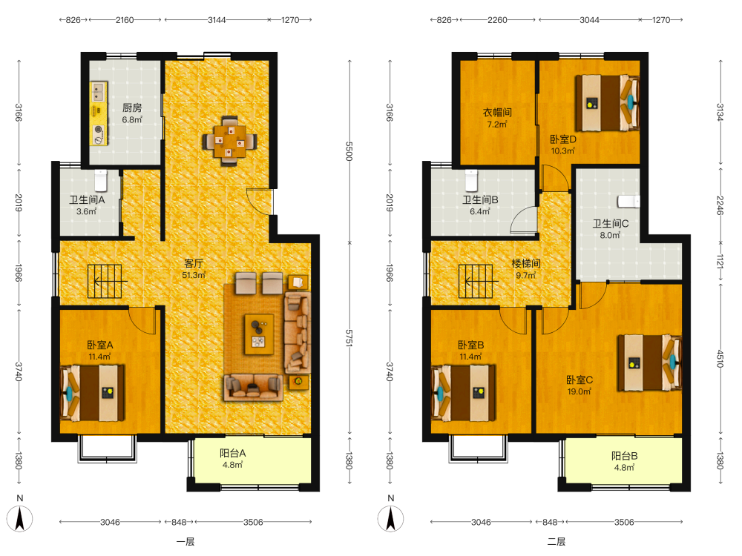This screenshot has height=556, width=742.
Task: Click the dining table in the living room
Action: click(x=229, y=141)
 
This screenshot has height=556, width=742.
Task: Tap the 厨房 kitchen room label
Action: click(x=132, y=107)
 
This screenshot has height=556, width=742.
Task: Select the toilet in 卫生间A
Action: click(x=101, y=180)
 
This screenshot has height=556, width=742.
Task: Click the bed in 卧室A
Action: click(x=93, y=392)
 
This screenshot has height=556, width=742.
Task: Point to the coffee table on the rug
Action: click(x=259, y=334)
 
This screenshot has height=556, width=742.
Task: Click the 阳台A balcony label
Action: click(x=232, y=453)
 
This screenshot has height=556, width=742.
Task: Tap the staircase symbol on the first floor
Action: click(x=105, y=281)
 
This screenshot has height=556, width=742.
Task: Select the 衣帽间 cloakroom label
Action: click(x=497, y=113)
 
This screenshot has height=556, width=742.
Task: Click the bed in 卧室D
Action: click(x=608, y=102)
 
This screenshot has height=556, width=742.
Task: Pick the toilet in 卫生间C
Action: click(x=628, y=201)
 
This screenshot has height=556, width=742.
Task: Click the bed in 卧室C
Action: click(x=649, y=363)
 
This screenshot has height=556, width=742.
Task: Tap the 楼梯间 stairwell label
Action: click(x=526, y=263)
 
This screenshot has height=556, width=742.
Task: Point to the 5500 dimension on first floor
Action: click(x=349, y=151)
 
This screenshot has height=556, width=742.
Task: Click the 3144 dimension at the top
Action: click(x=217, y=20)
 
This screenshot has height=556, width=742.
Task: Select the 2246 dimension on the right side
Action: click(x=720, y=205)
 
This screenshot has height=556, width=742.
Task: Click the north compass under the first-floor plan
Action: click(x=19, y=518)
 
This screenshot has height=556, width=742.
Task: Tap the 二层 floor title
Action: click(x=556, y=542)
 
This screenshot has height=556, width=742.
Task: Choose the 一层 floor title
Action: click(x=185, y=542)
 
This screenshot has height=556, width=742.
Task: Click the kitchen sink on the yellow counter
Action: click(x=99, y=91)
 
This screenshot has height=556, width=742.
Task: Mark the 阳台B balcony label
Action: click(x=624, y=456)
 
